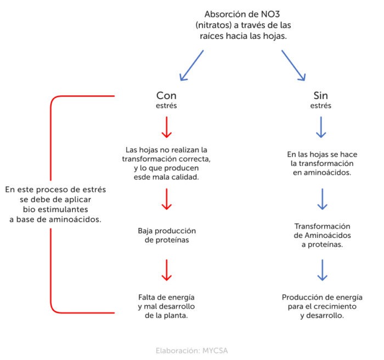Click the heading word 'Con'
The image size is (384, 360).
point(166,95)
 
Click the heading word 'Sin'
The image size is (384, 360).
point(321,95)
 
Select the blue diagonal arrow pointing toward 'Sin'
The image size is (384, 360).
point(293,65)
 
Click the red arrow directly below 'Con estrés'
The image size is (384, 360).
point(167,127)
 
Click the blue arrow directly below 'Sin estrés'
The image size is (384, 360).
point(321,127)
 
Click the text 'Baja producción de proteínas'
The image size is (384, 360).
point(167,235)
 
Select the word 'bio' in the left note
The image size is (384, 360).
point(30,209)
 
